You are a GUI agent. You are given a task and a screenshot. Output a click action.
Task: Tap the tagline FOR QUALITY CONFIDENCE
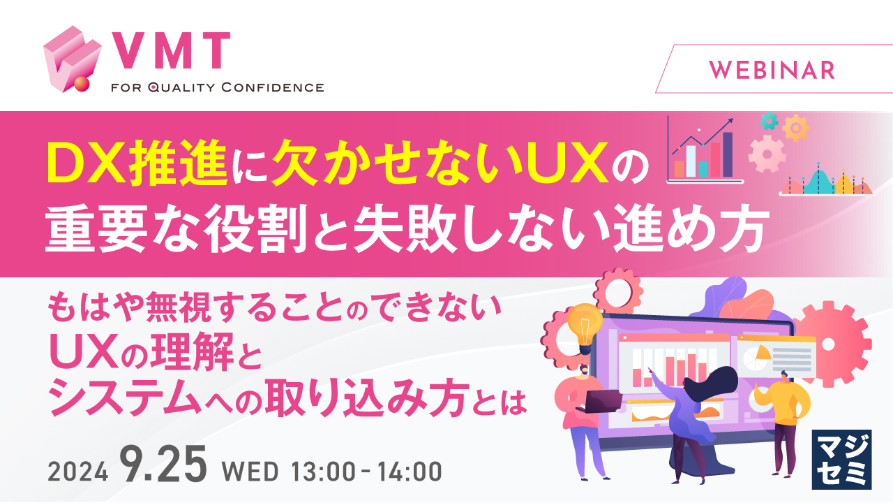click(217, 88)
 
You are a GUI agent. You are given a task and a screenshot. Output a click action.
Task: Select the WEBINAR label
click(772, 69)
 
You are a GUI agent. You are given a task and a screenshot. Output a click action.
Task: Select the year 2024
click(78, 472)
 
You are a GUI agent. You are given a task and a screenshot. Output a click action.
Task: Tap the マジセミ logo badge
click(842, 459)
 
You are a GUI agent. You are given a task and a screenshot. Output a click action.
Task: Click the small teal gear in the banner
click(768, 121)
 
